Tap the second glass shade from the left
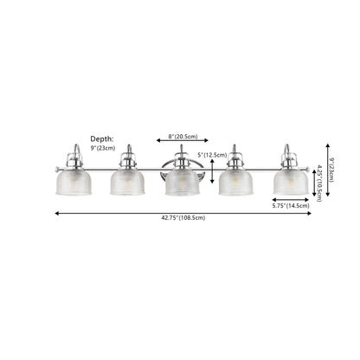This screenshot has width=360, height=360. [x=127, y=181]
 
